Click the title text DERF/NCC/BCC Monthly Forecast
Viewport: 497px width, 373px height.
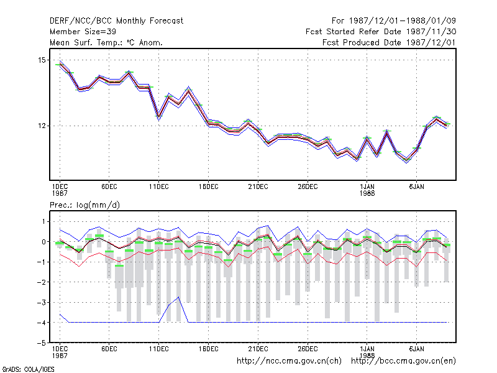[116, 21]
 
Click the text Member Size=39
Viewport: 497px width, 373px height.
[83, 32]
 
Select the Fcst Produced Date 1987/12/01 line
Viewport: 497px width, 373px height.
[389, 42]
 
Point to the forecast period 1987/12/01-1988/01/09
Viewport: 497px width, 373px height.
[394, 21]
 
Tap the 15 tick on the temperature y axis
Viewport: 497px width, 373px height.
[42, 60]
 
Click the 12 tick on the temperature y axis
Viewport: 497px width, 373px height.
[42, 126]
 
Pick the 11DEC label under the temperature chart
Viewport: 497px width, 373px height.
[159, 186]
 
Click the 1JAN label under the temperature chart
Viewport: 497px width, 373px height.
[367, 186]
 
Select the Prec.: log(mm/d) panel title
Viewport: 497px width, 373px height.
[84, 205]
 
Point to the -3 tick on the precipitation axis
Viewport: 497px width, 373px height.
[41, 302]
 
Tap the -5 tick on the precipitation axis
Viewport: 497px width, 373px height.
[41, 343]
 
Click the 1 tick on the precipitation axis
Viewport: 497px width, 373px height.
[43, 221]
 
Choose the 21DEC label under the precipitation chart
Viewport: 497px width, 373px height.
[258, 349]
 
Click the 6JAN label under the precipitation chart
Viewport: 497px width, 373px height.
[416, 349]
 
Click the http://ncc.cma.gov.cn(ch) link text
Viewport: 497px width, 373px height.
[289, 361]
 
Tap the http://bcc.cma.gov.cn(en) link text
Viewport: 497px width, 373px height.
[403, 361]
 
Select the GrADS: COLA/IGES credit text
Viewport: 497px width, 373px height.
[28, 369]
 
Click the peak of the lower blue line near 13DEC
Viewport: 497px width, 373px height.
[179, 297]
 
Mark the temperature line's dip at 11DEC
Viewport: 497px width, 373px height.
[159, 117]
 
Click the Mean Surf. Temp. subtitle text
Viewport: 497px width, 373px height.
[106, 42]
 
